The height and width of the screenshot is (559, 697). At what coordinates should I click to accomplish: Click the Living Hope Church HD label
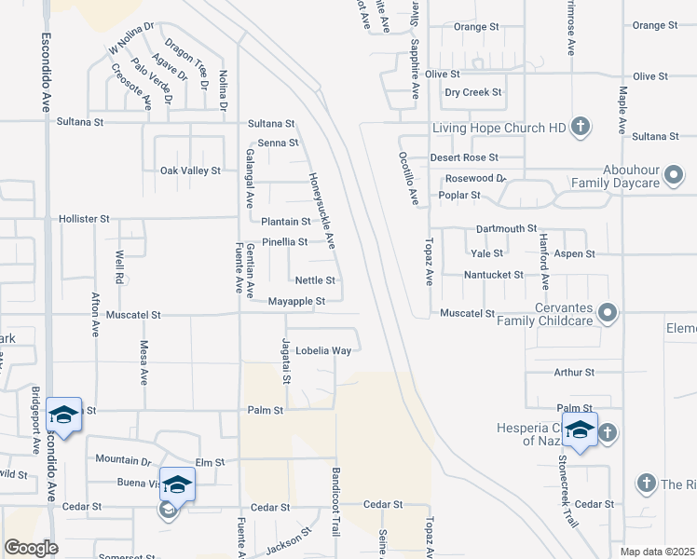[499, 128]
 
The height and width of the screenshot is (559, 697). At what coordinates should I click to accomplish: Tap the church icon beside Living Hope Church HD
[580, 127]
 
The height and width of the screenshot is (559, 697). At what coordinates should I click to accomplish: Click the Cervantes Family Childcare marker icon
[608, 313]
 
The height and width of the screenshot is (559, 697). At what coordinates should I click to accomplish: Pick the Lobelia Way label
[323, 351]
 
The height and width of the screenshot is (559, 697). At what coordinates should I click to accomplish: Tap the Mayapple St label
[296, 302]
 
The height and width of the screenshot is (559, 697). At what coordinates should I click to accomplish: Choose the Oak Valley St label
[190, 170]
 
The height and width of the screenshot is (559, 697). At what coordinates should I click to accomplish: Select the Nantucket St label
[494, 275]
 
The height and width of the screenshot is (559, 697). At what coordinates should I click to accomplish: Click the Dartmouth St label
[506, 228]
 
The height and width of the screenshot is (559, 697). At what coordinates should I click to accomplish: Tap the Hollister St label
[85, 219]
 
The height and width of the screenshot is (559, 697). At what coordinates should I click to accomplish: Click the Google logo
[31, 548]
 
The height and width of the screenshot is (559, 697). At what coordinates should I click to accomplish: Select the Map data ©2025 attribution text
[657, 552]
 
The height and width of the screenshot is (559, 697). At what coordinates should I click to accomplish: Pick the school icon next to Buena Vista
[177, 484]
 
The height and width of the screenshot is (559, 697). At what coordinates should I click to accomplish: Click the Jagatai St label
[287, 361]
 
